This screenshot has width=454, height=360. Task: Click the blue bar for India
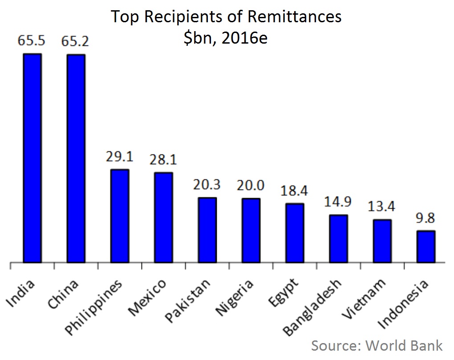32,158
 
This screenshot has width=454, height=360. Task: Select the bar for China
76,158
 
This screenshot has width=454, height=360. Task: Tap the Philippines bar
120,216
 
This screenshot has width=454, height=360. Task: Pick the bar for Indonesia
426,247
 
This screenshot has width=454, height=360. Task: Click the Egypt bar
295,233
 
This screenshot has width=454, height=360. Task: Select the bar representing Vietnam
382,241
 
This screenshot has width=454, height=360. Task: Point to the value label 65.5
32,41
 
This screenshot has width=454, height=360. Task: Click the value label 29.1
120,157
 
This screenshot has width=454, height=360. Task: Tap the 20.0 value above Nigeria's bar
251,186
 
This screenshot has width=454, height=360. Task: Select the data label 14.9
338,202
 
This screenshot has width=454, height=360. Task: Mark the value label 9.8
426,218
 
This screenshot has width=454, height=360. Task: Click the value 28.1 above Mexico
163,160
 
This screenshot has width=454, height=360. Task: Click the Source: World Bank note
377,346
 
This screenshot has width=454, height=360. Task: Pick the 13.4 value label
382,207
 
